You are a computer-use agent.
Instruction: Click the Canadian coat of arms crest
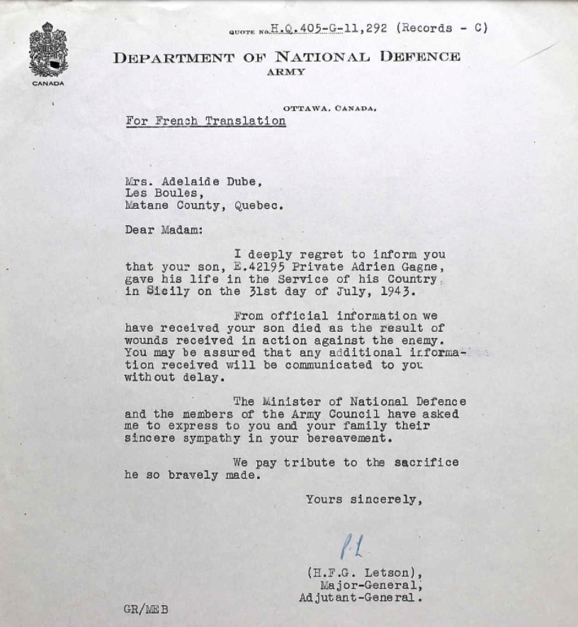pyautogui.click(x=48, y=49)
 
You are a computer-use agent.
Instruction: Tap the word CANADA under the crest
pyautogui.click(x=48, y=83)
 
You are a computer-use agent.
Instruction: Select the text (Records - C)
pyautogui.click(x=443, y=28)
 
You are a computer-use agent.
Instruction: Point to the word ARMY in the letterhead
pyautogui.click(x=286, y=71)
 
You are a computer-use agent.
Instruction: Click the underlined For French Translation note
pyautogui.click(x=205, y=121)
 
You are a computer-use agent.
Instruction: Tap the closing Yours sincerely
pyautogui.click(x=364, y=499)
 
